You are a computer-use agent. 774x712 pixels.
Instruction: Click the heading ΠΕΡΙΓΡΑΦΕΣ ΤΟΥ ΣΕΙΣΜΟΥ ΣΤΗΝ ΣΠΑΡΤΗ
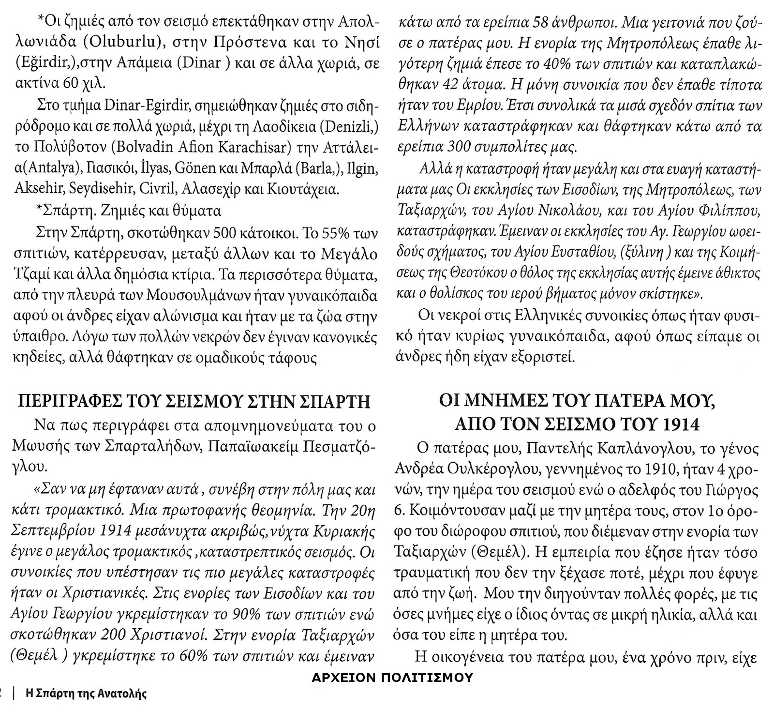[x=193, y=402]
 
